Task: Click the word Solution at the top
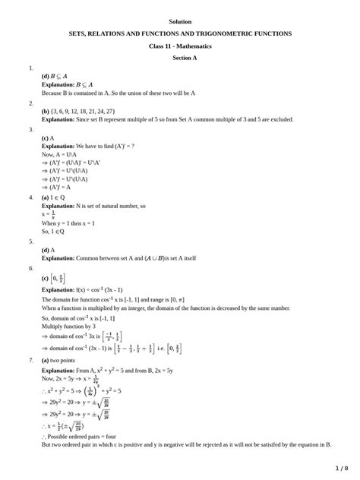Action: coord(180,21)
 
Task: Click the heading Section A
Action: coord(180,58)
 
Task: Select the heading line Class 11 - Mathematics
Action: coord(180,46)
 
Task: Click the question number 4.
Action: coord(31,197)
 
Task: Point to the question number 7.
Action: coord(31,359)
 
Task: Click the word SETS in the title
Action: coord(78,34)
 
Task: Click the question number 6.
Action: coord(31,268)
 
